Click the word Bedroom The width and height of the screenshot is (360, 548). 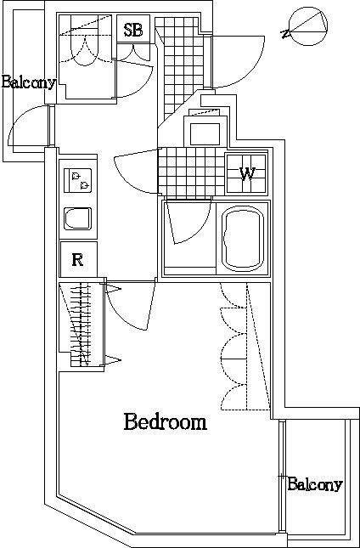tap(166, 421)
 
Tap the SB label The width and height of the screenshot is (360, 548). tap(133, 30)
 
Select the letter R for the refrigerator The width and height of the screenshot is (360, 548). tap(77, 260)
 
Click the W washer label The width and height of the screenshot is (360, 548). tap(247, 173)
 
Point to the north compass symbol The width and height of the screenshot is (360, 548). tap(305, 26)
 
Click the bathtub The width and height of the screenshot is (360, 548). tap(244, 239)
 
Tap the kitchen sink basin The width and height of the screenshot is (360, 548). tap(77, 219)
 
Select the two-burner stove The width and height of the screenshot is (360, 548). tap(77, 180)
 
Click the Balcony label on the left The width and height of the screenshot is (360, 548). tap(29, 82)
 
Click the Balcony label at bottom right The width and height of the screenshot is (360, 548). tap(315, 484)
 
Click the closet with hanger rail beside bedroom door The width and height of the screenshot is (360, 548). tap(82, 324)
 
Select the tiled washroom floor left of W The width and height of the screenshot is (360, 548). tap(191, 172)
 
